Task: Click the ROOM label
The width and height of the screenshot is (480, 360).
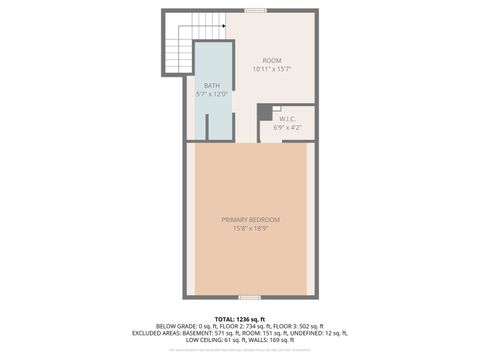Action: tap(273, 61)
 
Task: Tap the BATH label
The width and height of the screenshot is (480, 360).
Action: tap(212, 86)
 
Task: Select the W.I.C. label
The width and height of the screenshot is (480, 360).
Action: tap(287, 119)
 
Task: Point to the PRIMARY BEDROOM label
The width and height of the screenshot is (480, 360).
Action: tap(251, 220)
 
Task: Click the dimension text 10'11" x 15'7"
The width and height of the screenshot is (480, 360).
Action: tap(273, 70)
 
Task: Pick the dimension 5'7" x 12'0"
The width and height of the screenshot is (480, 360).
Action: tap(212, 94)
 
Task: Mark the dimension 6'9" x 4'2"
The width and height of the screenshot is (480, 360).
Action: tap(287, 127)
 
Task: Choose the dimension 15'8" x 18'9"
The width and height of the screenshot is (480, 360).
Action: tap(251, 228)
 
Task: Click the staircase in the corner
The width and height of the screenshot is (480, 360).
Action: tap(178, 43)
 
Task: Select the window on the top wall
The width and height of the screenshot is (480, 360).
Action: tap(255, 11)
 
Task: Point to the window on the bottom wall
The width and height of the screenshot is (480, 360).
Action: tap(251, 297)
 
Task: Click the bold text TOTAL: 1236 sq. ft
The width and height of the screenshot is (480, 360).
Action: tap(240, 318)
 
